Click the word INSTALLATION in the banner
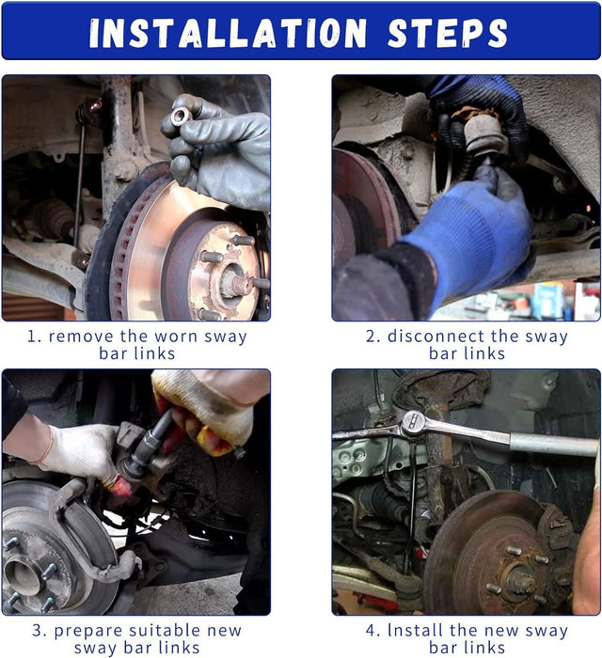point(228,33)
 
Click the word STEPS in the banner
point(448,33)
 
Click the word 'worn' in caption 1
point(176,337)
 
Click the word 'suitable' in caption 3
point(166,631)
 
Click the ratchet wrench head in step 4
point(414,423)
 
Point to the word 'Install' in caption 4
point(416,631)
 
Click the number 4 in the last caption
point(371,631)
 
